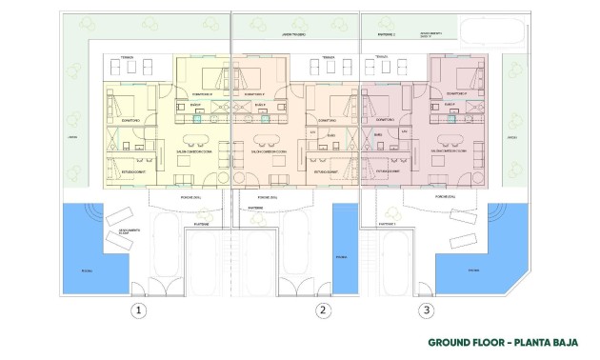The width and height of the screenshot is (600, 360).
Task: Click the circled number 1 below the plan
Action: [139, 310]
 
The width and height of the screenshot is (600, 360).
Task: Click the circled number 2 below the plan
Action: [323, 310]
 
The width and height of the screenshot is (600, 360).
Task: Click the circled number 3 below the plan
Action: [426, 310]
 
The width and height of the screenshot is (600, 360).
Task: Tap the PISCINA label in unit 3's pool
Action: [473, 270]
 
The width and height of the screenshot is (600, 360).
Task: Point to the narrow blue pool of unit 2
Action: [343, 248]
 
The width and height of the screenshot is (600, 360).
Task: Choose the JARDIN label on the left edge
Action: [70, 137]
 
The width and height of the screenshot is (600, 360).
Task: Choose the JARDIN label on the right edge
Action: [510, 137]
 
